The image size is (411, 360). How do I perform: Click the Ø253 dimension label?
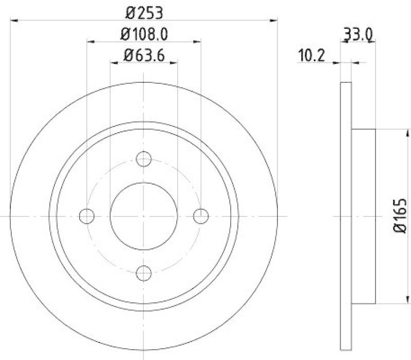(x=144, y=11)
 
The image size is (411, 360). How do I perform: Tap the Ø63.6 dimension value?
(x=144, y=55)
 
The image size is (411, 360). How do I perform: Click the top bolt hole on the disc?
(x=144, y=159)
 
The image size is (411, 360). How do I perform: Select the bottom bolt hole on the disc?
(x=144, y=273)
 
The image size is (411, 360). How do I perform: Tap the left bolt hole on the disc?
(x=87, y=216)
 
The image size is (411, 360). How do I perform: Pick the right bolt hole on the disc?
(x=201, y=216)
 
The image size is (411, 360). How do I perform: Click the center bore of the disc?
(x=144, y=216)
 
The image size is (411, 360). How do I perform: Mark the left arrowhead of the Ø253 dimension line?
(x=14, y=20)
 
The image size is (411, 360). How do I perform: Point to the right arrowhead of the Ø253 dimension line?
(x=274, y=20)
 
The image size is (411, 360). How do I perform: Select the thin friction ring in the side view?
(x=346, y=216)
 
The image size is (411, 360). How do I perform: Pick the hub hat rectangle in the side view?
(x=364, y=216)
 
